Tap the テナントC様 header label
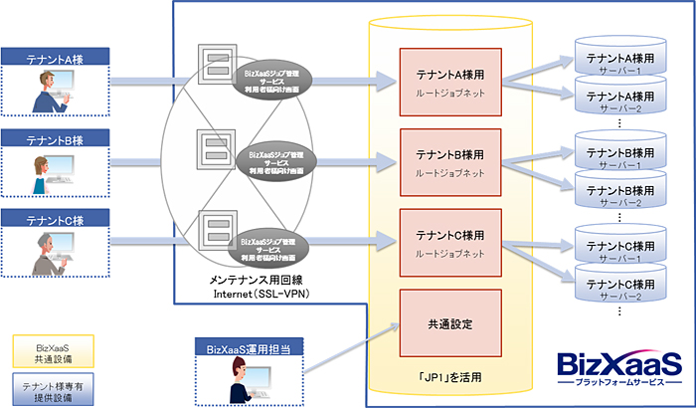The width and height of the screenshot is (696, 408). pos(53,217)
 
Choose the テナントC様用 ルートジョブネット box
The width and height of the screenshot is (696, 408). pos(449,244)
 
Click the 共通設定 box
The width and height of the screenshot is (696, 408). pos(449,323)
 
